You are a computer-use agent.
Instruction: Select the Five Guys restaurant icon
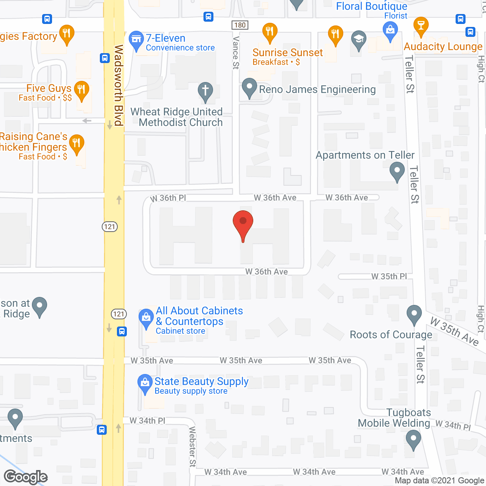click(81, 90)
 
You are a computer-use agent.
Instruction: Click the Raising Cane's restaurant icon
click(77, 144)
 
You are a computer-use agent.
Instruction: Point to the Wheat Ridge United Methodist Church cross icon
click(205, 91)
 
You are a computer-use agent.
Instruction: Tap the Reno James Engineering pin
click(249, 87)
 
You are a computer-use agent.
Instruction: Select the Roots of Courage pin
click(414, 314)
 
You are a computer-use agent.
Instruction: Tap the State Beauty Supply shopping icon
click(145, 383)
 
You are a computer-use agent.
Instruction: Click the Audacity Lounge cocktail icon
click(421, 26)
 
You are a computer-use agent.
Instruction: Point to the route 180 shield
click(240, 25)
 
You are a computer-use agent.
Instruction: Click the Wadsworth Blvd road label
click(118, 85)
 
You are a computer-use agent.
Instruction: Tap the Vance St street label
click(236, 53)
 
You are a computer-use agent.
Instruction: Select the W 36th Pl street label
click(168, 198)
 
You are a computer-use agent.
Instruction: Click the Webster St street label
click(193, 447)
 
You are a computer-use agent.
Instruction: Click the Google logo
click(26, 477)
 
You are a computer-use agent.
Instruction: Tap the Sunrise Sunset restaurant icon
click(270, 32)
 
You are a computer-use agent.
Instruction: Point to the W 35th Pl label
click(389, 276)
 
